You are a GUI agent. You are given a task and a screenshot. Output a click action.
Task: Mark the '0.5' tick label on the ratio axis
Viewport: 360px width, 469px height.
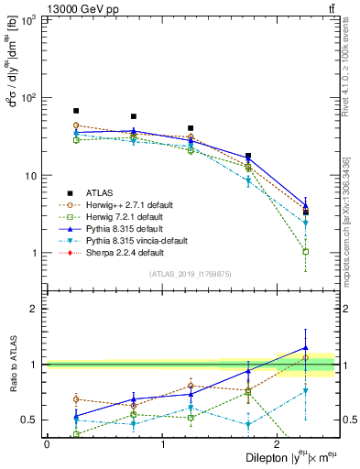(x=30, y=420)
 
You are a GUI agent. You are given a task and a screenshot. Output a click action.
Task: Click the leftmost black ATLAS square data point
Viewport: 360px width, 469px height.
(x=76, y=111)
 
